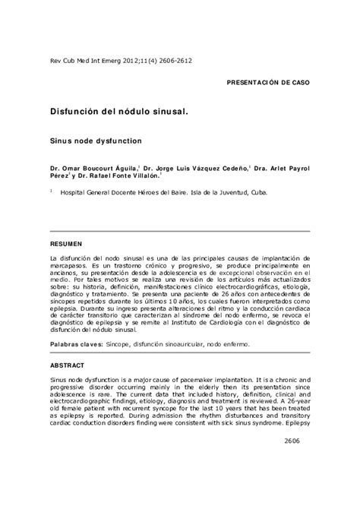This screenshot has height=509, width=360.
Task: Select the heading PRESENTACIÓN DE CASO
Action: coord(270,79)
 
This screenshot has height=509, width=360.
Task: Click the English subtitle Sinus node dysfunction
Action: coord(96,141)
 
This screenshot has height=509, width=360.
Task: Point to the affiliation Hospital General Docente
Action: coord(115,194)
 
